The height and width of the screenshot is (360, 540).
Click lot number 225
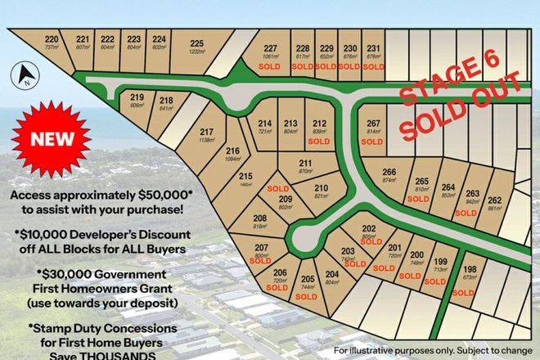pos(196,43)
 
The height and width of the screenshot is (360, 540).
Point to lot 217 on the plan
pos(206,133)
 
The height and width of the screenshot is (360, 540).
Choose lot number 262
pos(494,199)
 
